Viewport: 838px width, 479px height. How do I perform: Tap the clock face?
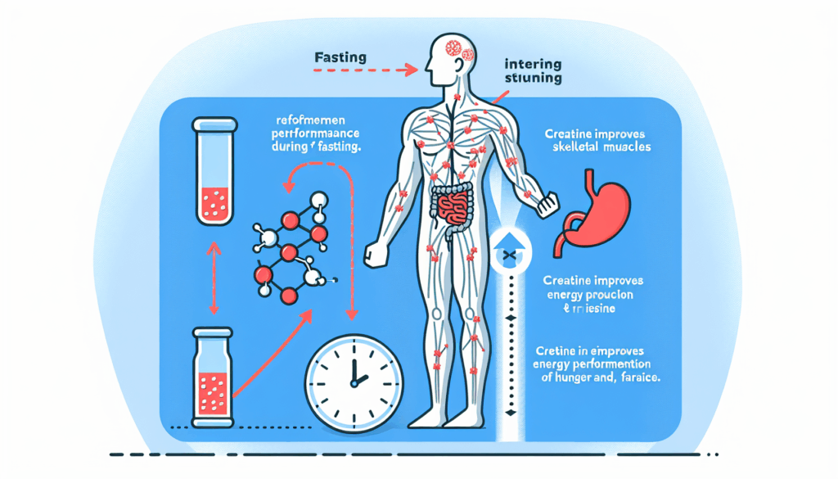tap(354, 377)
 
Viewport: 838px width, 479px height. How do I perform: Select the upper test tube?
tap(213, 171)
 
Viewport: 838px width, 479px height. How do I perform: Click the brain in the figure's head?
tap(454, 48)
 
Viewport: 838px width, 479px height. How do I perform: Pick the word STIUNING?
tap(534, 79)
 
